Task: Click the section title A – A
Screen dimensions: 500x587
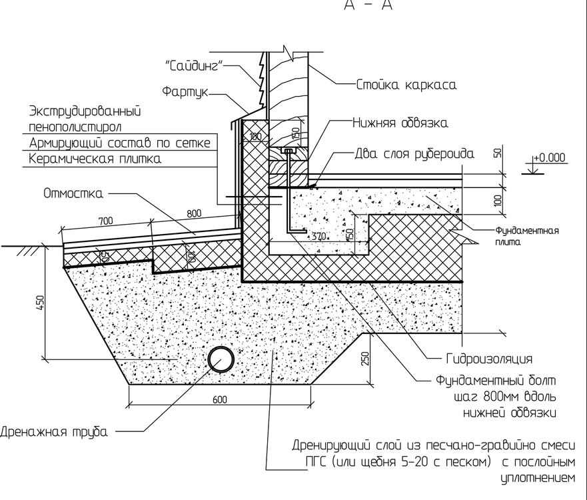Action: pyautogui.click(x=368, y=5)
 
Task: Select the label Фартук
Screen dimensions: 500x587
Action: pyautogui.click(x=185, y=91)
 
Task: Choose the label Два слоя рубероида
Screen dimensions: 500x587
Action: pyautogui.click(x=414, y=154)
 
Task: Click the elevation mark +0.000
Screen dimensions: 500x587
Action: pyautogui.click(x=549, y=158)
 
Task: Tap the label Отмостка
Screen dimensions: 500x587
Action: pyautogui.click(x=73, y=193)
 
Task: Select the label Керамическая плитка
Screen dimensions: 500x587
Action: pyautogui.click(x=95, y=159)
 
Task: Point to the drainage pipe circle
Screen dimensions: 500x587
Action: pyautogui.click(x=219, y=361)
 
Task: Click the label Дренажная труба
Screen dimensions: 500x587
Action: pyautogui.click(x=54, y=431)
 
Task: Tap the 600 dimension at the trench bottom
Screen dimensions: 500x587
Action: pyautogui.click(x=220, y=400)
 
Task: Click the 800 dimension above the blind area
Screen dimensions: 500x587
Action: pyautogui.click(x=193, y=215)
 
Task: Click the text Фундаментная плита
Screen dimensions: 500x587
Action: pyautogui.click(x=526, y=236)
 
